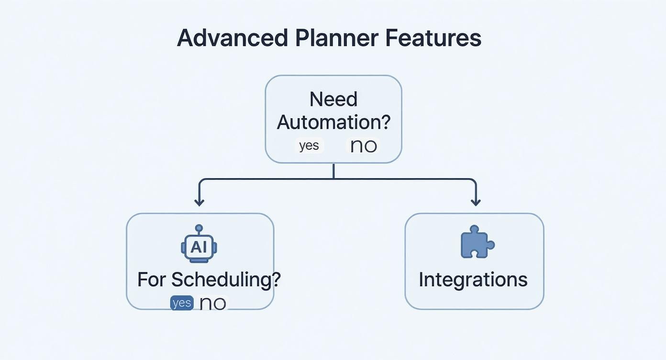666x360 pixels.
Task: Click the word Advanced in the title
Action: point(232,38)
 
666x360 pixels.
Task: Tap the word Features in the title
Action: point(433,38)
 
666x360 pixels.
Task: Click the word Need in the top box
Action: point(333,100)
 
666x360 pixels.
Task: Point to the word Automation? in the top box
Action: point(333,123)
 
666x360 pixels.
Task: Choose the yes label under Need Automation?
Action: point(309,146)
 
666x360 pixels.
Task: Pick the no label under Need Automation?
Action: point(363,146)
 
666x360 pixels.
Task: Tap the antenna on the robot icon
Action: point(199,228)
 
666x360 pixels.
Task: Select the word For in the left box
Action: point(152,280)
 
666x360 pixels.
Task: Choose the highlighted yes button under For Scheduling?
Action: point(182,303)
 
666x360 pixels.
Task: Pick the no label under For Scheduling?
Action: point(212,303)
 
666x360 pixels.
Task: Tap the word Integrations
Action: point(473,280)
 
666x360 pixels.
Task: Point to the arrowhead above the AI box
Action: point(199,202)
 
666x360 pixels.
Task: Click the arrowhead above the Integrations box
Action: point(476,202)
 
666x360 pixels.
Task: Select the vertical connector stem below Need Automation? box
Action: point(333,171)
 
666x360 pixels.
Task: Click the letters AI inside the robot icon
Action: point(199,247)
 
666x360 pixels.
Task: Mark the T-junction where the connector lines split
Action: point(333,179)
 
